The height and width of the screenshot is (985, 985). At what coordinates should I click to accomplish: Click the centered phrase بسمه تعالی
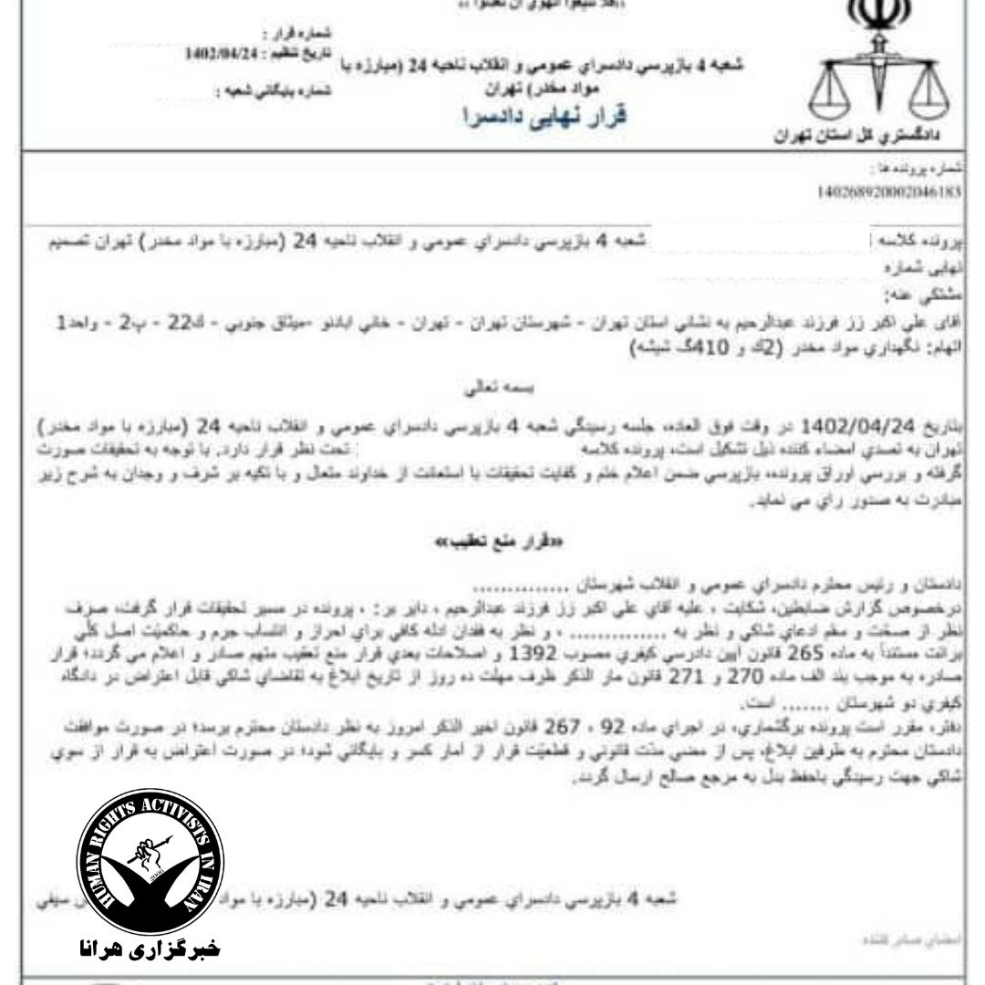[x=492, y=388]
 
